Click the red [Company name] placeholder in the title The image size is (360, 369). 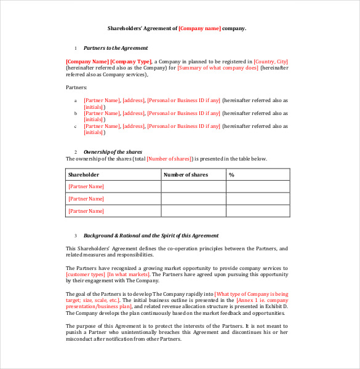coord(199,28)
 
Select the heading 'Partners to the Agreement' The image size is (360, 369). coord(115,48)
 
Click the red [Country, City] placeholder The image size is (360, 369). coord(271,61)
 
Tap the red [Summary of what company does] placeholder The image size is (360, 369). coord(218,68)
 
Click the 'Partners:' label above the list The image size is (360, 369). coord(77,87)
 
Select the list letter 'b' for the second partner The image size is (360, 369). coord(76,113)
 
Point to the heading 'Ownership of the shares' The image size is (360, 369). coord(113,152)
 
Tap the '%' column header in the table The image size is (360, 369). coord(232,175)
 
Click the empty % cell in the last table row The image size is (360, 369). coord(257,211)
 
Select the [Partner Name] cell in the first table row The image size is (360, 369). coord(86,186)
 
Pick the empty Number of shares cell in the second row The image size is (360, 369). coord(193,199)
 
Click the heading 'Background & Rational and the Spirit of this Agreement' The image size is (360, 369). coord(151,236)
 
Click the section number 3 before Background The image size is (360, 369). coord(76,236)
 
